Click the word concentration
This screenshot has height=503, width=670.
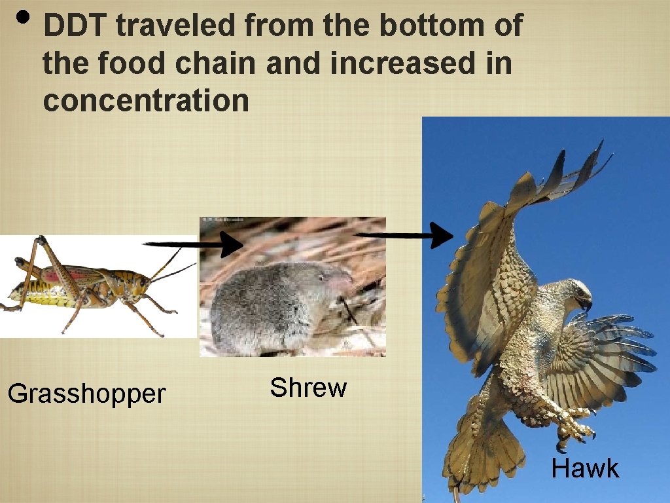(x=146, y=102)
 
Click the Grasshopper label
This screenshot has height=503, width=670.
(x=87, y=394)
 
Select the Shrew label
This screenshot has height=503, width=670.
(x=308, y=388)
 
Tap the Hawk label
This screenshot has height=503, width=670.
(x=585, y=469)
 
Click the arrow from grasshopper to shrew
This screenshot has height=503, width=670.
(x=194, y=246)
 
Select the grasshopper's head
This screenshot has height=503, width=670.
(x=141, y=282)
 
